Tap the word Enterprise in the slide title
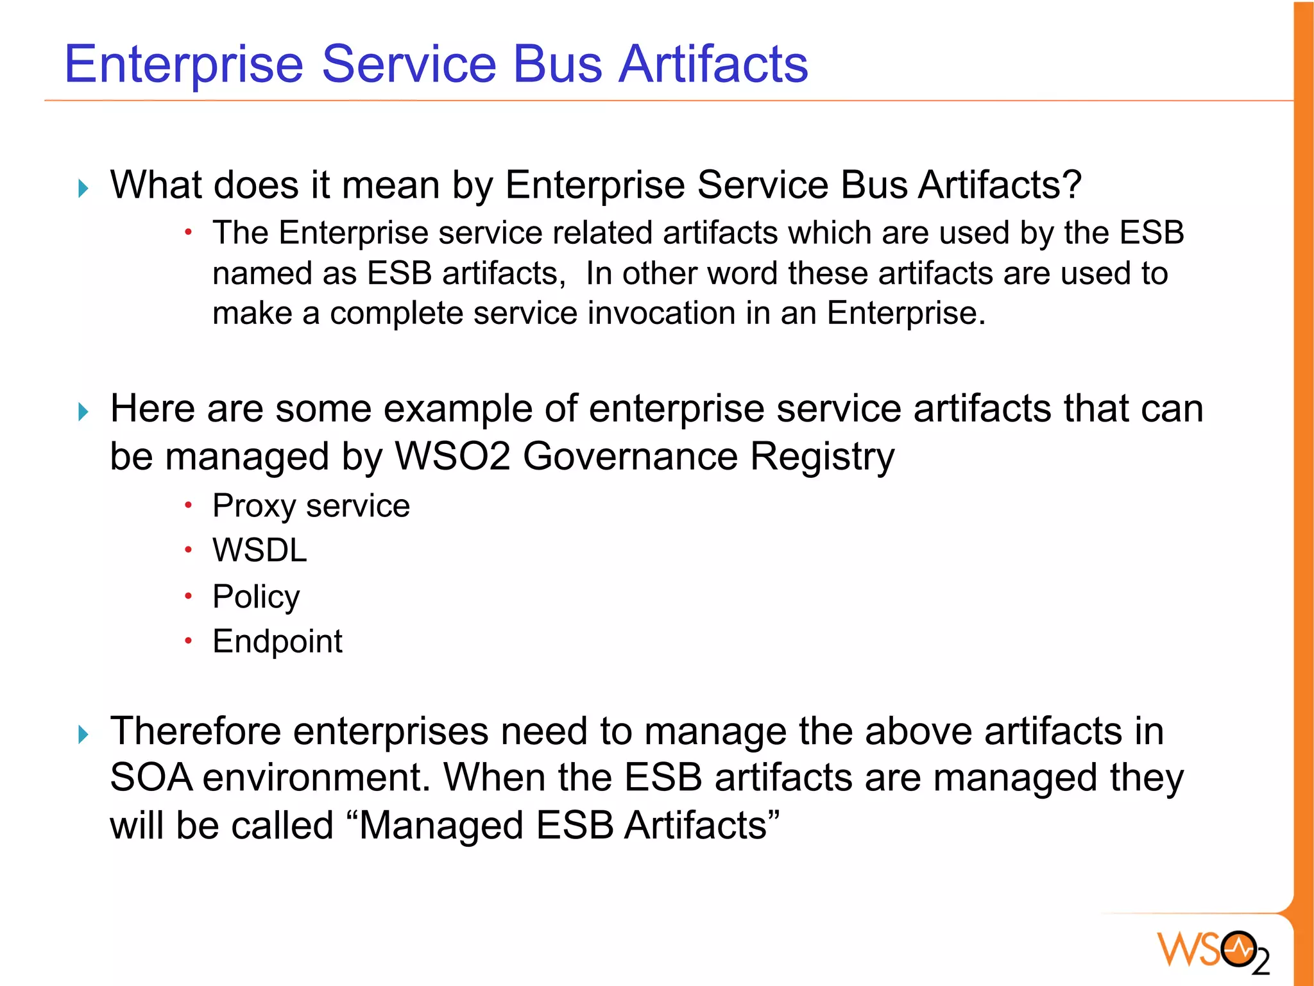coord(183,65)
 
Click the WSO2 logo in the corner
coord(1213,951)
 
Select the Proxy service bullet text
coord(311,506)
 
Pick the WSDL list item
coord(260,550)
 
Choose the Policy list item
coord(256,597)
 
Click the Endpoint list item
coord(277,642)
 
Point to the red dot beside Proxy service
coord(188,506)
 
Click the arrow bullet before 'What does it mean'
coord(83,188)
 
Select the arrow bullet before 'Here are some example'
coord(83,411)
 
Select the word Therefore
coord(196,731)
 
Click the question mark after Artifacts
coord(1071,185)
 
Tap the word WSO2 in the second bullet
coord(452,457)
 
